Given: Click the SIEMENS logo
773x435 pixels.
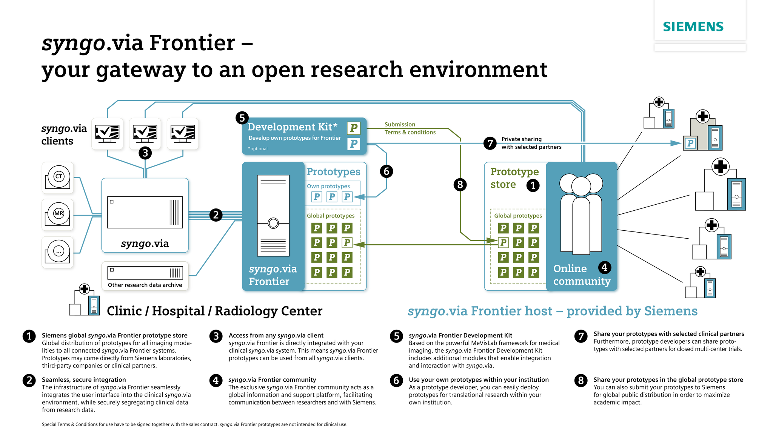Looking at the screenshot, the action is pos(693,27).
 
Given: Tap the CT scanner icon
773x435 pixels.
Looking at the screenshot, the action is pos(58,177).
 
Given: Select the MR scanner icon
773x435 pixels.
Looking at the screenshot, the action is pos(58,214).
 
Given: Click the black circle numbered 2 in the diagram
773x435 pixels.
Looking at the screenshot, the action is pos(216,215).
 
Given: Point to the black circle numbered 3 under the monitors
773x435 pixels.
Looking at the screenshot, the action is pos(145,153).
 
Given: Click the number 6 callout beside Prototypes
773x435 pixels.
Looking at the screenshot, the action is pos(386,171).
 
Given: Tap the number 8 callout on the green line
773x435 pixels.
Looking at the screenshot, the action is pos(460,185).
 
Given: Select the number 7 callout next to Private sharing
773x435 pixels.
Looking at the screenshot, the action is pos(490,143).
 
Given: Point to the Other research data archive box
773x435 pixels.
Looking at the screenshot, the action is pos(145,276).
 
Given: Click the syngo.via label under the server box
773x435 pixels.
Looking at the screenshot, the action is pos(145,244).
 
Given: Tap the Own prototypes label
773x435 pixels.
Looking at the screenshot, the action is pos(328,186).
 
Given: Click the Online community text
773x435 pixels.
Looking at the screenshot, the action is pos(581,275).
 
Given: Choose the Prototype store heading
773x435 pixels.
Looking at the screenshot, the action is pos(514,178).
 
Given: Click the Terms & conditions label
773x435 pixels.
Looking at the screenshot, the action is pos(410,132).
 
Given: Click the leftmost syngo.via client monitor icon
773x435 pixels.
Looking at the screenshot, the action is pos(107,133).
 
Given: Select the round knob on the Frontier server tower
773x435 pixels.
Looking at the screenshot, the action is pos(273,223).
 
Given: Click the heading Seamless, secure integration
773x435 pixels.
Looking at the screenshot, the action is pos(84,379).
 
